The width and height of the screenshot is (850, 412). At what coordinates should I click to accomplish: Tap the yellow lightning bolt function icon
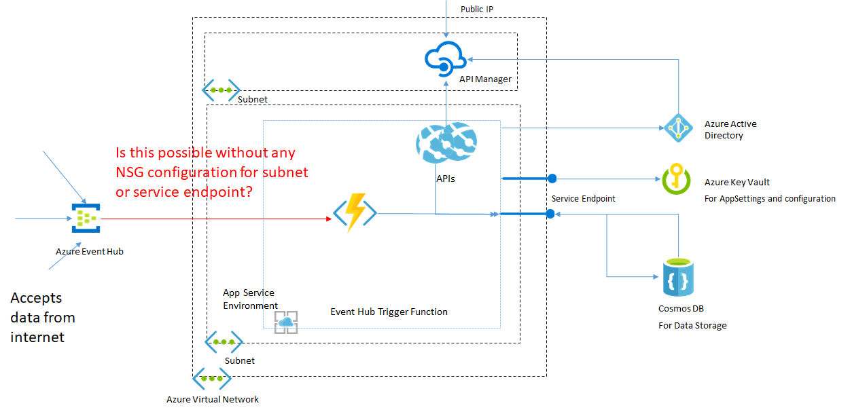coord(354,214)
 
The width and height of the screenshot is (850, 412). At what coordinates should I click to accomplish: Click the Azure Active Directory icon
coord(677,128)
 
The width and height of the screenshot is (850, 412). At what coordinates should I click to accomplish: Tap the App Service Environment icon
coord(286,322)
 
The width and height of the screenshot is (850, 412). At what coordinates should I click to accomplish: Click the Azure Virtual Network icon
coord(211,379)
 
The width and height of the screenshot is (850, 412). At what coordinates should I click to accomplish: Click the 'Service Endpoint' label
coord(583,199)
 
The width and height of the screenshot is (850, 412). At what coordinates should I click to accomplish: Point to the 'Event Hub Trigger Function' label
coord(389,312)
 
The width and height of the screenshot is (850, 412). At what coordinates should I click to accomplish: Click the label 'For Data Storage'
coord(692,325)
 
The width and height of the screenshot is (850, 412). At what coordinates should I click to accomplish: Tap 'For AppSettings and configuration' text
coord(770,199)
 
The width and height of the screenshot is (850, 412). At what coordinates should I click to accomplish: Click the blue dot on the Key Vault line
coord(552,179)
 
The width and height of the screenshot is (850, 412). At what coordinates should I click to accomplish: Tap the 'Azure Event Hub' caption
coord(90,251)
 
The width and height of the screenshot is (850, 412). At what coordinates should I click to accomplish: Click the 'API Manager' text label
coord(485,79)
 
